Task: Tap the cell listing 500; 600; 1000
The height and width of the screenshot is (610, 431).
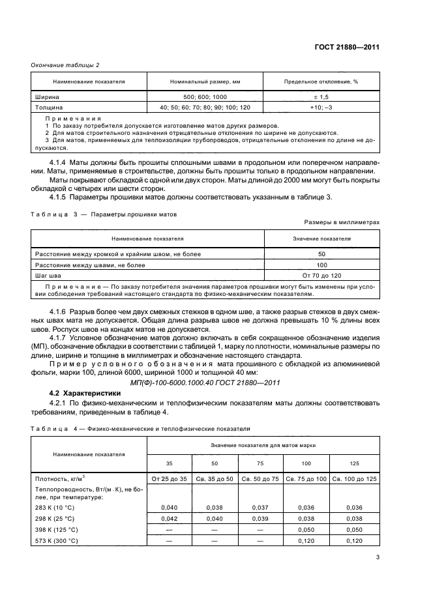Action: (x=205, y=96)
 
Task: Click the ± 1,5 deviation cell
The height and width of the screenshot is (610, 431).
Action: (x=321, y=96)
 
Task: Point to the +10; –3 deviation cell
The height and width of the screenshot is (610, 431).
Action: (x=321, y=107)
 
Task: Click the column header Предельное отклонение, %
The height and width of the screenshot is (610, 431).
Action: (x=321, y=82)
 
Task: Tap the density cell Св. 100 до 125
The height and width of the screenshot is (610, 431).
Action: (x=354, y=479)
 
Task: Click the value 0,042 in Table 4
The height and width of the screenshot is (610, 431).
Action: (x=170, y=518)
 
